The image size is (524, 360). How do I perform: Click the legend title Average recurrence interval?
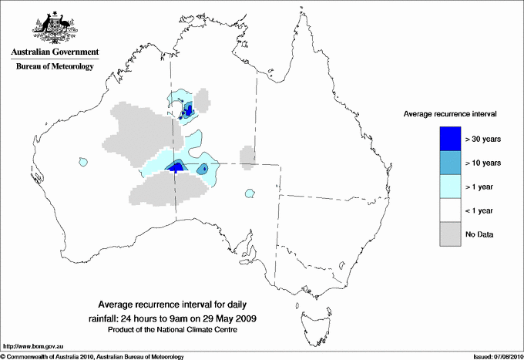tap(450, 113)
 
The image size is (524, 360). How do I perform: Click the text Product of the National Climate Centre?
tap(178, 329)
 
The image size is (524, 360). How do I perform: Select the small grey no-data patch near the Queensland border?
tap(247, 156)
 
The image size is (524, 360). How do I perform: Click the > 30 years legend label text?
tap(483, 139)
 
